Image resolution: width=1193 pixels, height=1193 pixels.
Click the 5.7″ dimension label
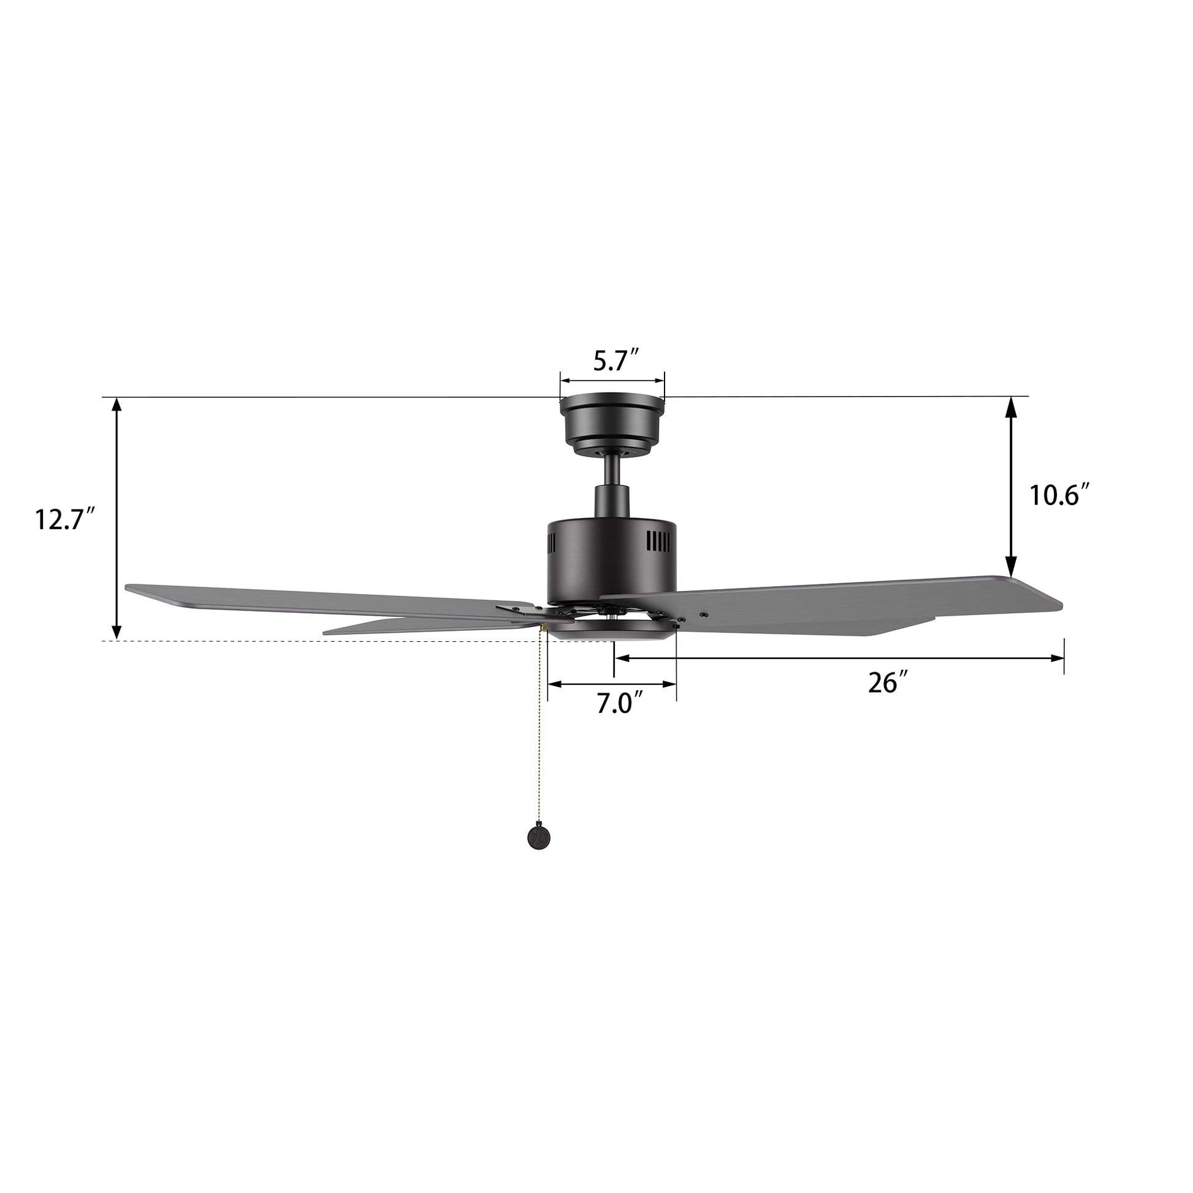tap(615, 360)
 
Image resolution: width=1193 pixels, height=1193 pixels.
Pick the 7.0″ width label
tap(620, 703)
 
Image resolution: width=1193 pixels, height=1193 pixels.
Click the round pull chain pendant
tap(536, 837)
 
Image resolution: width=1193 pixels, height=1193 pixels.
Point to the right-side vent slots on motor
tap(658, 542)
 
